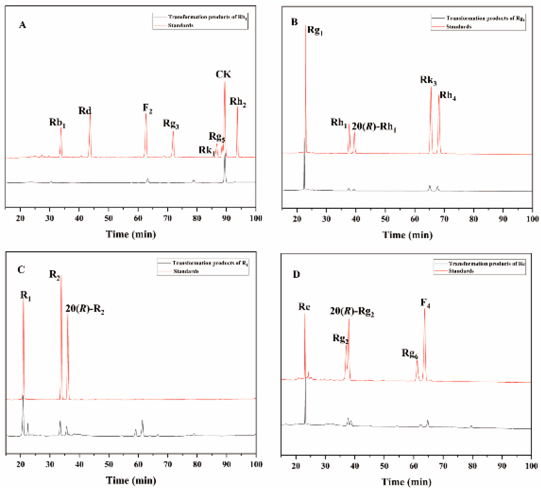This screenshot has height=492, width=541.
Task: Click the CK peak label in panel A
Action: (x=223, y=75)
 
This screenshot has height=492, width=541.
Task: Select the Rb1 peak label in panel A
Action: (x=57, y=122)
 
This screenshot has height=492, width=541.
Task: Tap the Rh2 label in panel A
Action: (x=238, y=102)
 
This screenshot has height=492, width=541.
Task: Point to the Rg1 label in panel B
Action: (x=315, y=30)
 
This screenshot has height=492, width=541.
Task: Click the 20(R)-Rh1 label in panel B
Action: (x=374, y=127)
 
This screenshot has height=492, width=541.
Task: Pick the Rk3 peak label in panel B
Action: (x=428, y=80)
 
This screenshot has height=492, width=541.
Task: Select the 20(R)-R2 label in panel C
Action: (x=85, y=309)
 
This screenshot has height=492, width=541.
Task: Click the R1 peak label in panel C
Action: (x=25, y=296)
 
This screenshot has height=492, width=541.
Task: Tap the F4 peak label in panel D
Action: (x=425, y=304)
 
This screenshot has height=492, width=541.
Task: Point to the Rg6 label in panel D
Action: (x=409, y=354)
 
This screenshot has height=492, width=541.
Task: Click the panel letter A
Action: (x=22, y=25)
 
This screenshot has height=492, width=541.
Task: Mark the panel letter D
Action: (x=296, y=275)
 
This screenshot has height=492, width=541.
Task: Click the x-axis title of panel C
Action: (x=131, y=480)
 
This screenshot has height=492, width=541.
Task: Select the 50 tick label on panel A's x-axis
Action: (x=108, y=218)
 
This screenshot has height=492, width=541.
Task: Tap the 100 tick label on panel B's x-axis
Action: (x=532, y=219)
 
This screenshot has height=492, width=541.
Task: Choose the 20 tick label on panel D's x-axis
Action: (x=296, y=466)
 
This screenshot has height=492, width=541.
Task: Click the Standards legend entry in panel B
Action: (x=458, y=27)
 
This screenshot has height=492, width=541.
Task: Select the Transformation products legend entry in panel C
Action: (x=210, y=263)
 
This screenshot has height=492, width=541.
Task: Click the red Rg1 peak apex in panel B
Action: (x=306, y=26)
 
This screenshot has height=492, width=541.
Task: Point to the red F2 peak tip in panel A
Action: (x=146, y=114)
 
